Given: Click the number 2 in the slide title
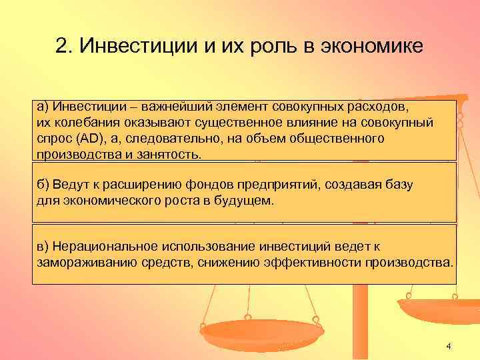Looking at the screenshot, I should tap(61, 47).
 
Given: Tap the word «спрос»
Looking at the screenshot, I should tap(53, 138).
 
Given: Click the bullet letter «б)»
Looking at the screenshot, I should tap(44, 183).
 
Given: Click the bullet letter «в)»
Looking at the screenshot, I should tap(43, 245).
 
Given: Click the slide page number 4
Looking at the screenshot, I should tap(448, 345).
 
